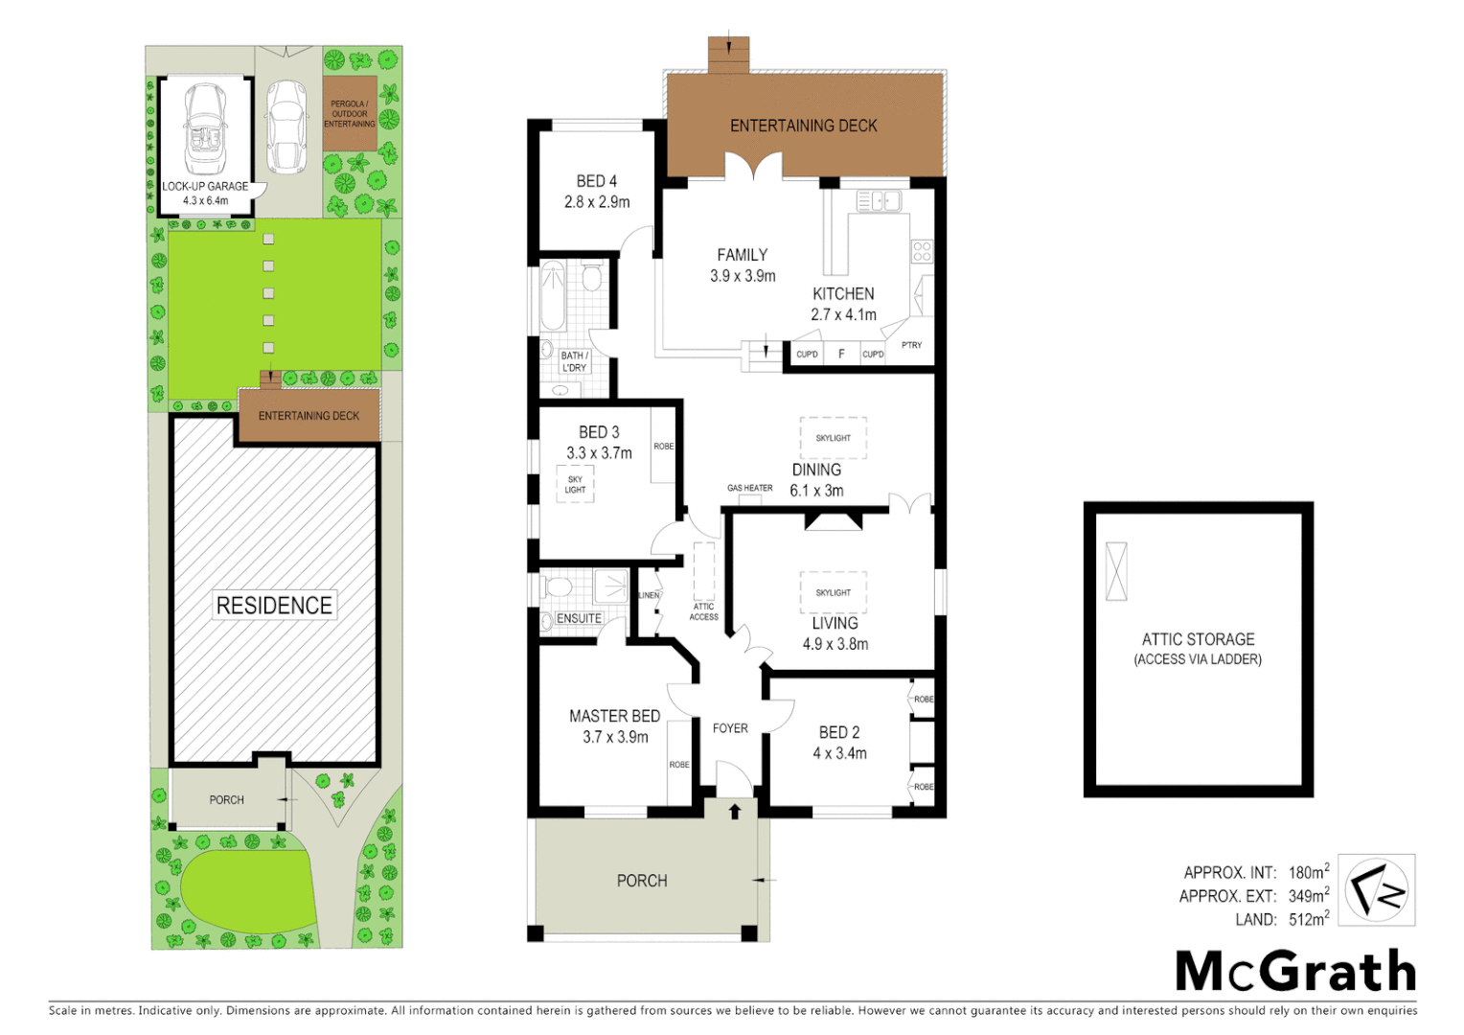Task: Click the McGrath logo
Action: [1295, 971]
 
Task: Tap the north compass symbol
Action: [1376, 889]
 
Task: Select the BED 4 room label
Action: [596, 181]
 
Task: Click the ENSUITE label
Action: [579, 618]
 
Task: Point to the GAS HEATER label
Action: [749, 488]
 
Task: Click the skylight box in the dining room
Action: [833, 438]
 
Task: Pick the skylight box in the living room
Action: [833, 592]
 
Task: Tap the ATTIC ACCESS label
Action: [703, 611]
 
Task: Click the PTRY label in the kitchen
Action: [911, 345]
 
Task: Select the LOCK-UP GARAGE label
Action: [205, 186]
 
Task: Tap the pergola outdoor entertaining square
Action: [350, 113]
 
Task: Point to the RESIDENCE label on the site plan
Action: [274, 605]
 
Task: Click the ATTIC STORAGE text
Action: [1198, 639]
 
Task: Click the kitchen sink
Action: [878, 201]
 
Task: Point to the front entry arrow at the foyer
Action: [735, 812]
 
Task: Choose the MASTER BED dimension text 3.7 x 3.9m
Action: [615, 737]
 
